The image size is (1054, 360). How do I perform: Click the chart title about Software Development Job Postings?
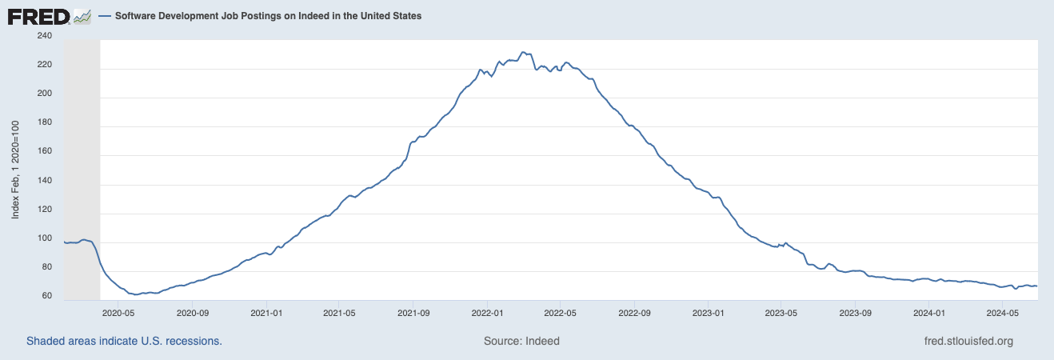tap(269, 16)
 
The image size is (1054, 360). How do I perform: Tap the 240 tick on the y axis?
tap(44, 36)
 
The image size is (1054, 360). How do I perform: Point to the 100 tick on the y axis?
tap(44, 239)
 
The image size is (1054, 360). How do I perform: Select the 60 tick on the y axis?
tap(46, 297)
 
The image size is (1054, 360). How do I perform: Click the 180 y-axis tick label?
tap(44, 122)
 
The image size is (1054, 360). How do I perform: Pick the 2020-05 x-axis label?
tap(119, 313)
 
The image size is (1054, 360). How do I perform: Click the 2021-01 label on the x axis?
tap(268, 313)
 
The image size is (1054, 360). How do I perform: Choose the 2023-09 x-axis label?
tap(855, 313)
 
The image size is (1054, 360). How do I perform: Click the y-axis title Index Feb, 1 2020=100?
tap(15, 170)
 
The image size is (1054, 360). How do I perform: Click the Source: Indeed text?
tap(521, 341)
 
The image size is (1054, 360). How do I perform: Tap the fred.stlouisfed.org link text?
tap(968, 341)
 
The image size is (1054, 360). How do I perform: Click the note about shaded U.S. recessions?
tap(124, 341)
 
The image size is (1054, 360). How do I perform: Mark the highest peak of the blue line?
tap(522, 52)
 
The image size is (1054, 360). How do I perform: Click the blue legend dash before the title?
tap(105, 16)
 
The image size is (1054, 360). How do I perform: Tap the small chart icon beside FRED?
tap(82, 16)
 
